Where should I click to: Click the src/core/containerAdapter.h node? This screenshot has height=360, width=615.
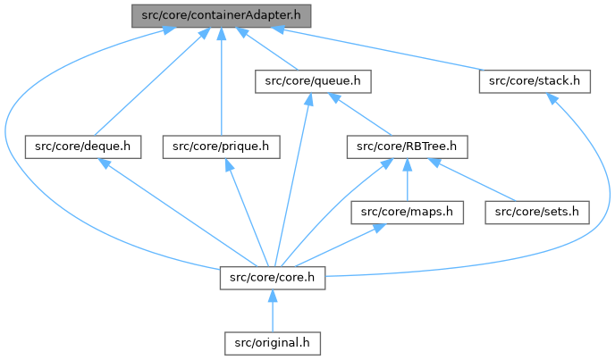point(221,15)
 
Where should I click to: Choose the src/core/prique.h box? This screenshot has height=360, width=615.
point(221,147)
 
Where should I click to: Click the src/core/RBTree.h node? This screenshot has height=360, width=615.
point(408,147)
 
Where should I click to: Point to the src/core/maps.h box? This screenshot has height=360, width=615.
point(408,212)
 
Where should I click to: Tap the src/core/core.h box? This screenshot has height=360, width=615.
point(272,277)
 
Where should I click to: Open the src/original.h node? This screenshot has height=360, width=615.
point(272,342)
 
